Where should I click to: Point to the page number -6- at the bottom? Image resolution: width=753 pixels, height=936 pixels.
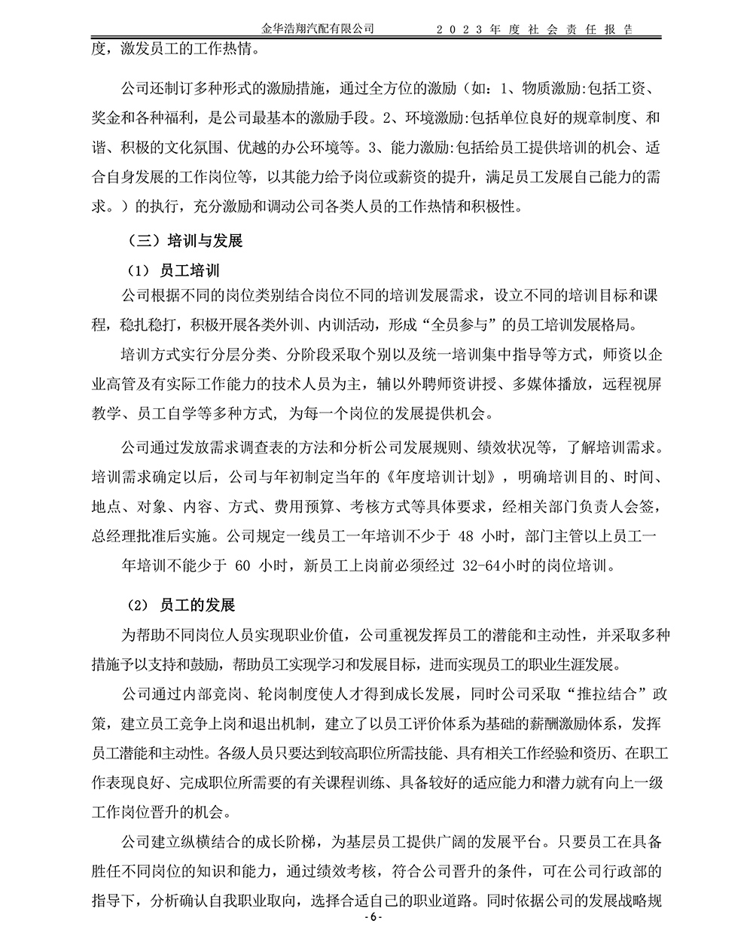[374, 919]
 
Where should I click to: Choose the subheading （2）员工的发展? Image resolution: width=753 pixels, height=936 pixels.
[180, 605]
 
